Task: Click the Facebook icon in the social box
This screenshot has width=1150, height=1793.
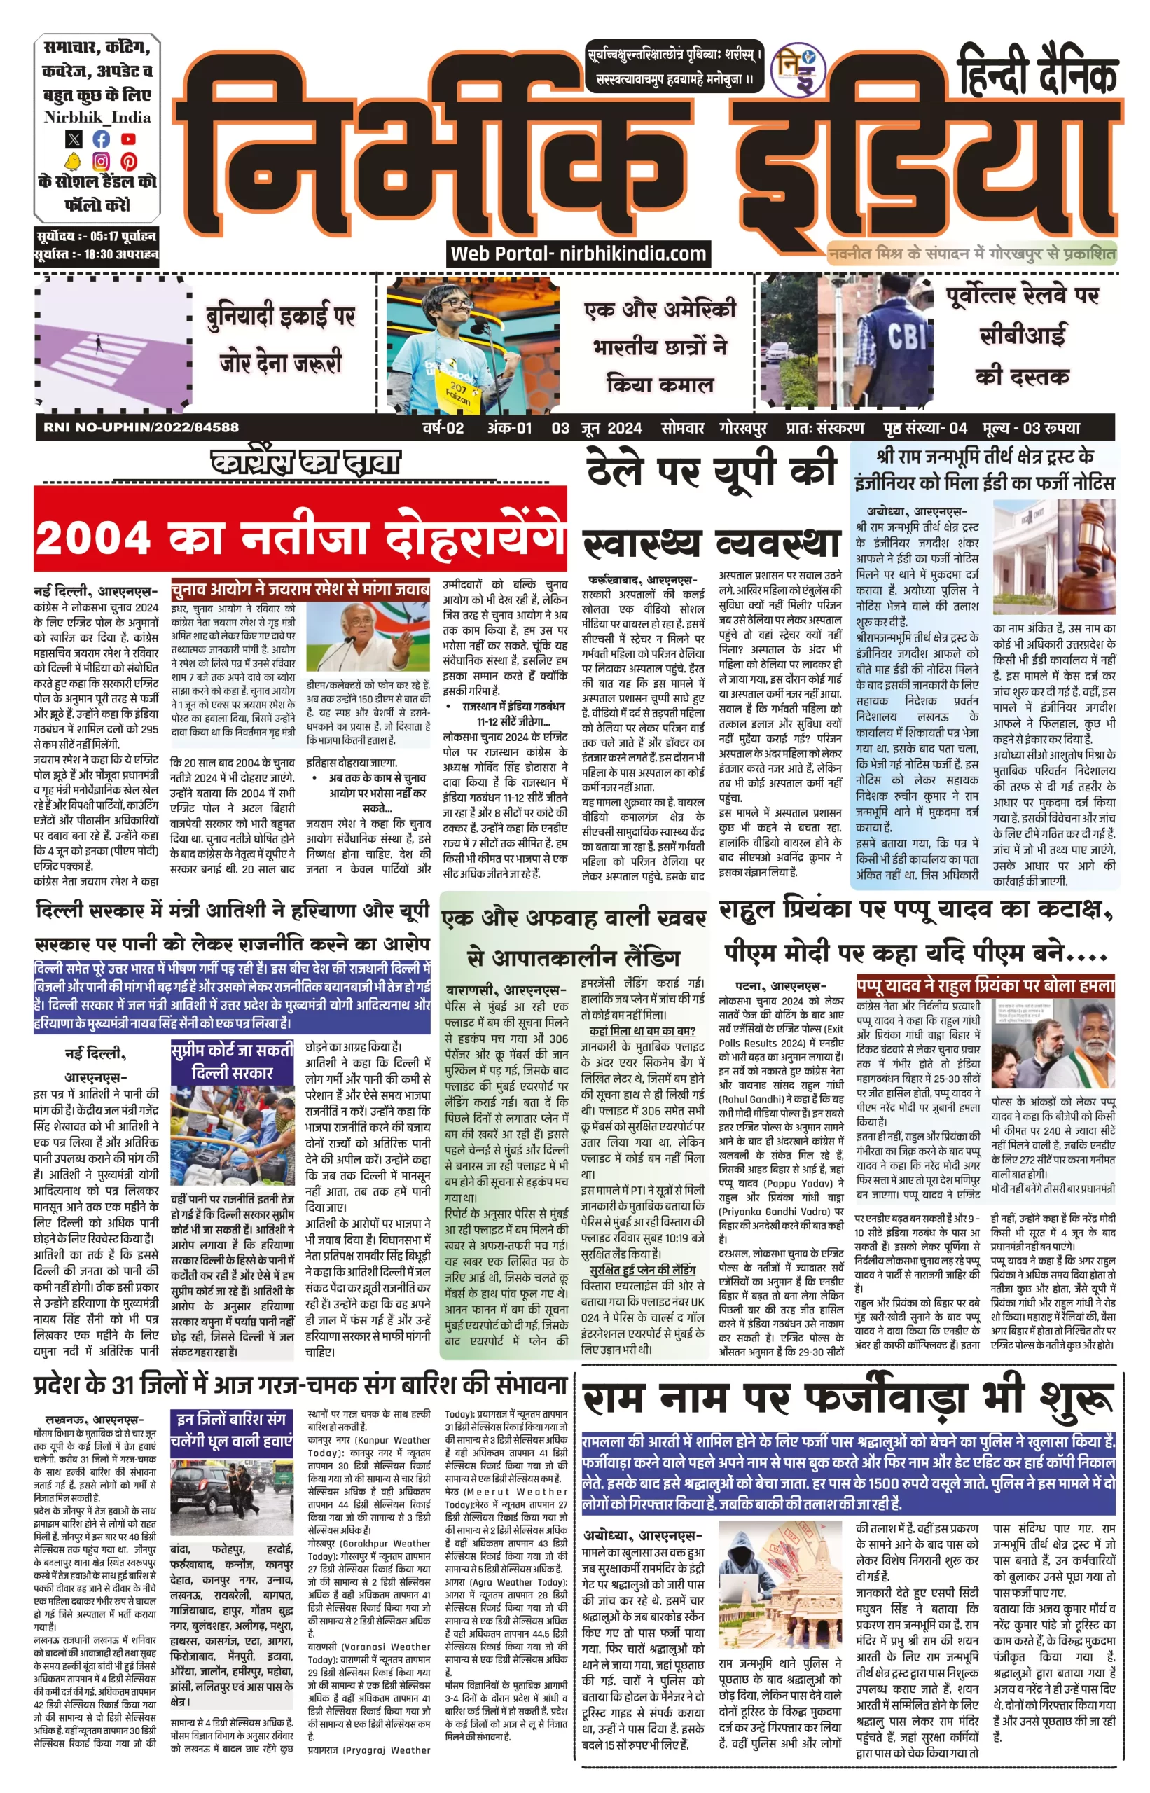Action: (101, 139)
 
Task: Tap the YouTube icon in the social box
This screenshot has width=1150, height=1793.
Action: (128, 139)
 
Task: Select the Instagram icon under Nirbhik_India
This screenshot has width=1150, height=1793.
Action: (101, 160)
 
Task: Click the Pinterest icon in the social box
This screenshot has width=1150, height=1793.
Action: (128, 160)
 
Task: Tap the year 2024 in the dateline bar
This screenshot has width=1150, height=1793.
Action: (624, 428)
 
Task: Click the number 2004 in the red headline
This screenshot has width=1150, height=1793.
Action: (92, 538)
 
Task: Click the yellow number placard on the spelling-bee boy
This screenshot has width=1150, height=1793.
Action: (458, 391)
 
